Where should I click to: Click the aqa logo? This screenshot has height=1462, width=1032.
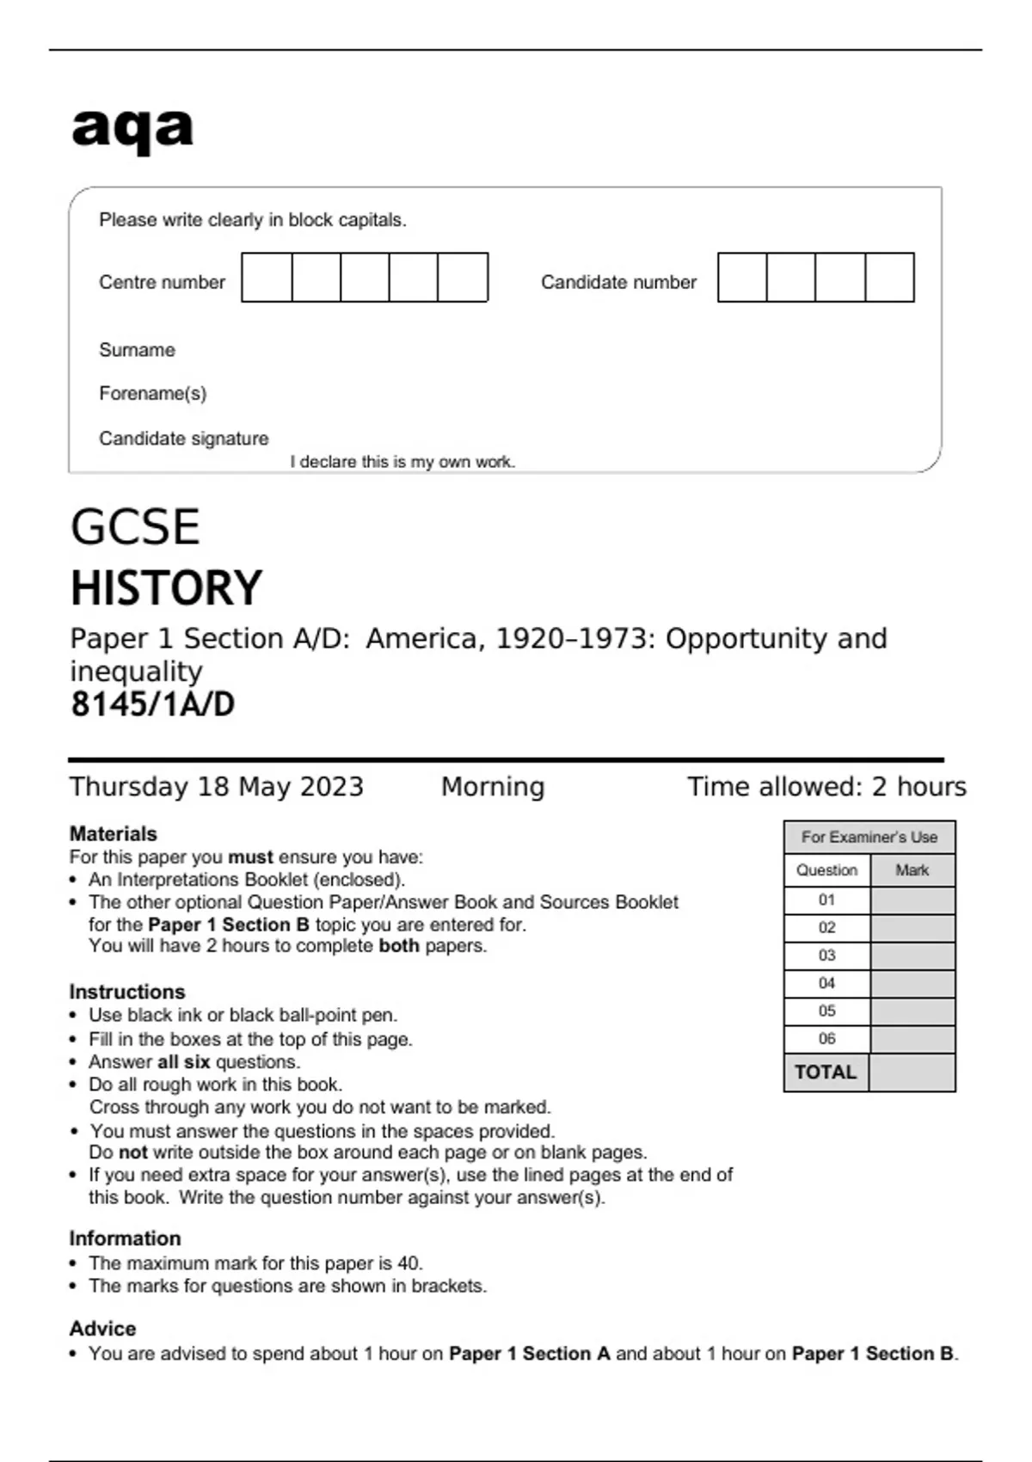[x=132, y=129]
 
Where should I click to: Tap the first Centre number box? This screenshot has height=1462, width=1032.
[x=267, y=277]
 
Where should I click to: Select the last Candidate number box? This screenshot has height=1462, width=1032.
[x=889, y=277]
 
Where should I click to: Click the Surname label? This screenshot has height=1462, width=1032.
[x=137, y=350]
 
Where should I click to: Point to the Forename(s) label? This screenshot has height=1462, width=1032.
[x=152, y=394]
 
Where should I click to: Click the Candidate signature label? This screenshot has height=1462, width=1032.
[x=183, y=439]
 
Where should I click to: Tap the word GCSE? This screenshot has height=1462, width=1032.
[x=135, y=527]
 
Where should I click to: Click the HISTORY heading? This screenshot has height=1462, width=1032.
[x=166, y=588]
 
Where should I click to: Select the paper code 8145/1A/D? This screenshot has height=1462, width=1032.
[x=152, y=704]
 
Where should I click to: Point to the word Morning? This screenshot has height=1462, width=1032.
[x=493, y=787]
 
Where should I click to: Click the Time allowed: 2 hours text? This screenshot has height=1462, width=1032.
[x=826, y=787]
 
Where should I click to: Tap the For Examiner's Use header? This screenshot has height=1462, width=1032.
[x=869, y=837]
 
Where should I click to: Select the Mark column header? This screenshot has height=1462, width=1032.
[x=912, y=870]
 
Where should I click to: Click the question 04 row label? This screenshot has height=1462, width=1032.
[x=826, y=983]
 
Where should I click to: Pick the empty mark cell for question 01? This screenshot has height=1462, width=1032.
[x=912, y=900]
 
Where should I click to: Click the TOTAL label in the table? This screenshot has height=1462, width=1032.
[x=826, y=1072]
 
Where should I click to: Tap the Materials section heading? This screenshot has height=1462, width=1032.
[x=113, y=833]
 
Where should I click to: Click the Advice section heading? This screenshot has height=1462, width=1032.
[x=102, y=1329]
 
